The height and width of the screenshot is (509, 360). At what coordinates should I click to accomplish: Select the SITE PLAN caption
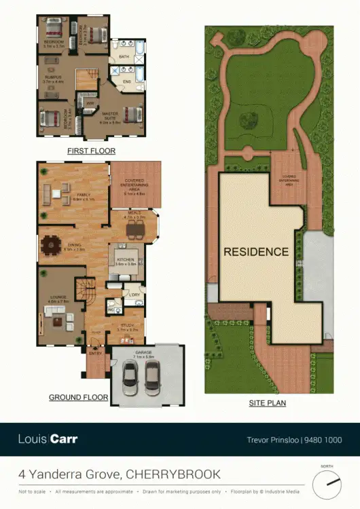[x=268, y=403]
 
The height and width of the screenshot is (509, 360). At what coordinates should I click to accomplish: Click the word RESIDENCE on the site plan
[x=256, y=252]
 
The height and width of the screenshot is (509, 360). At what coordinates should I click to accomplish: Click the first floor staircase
[x=86, y=81]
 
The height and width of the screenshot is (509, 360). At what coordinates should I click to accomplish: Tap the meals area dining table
[x=136, y=230]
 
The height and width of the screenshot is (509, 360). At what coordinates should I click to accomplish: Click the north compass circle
[x=327, y=483]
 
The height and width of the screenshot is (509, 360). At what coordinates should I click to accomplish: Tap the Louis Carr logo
[x=48, y=439]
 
